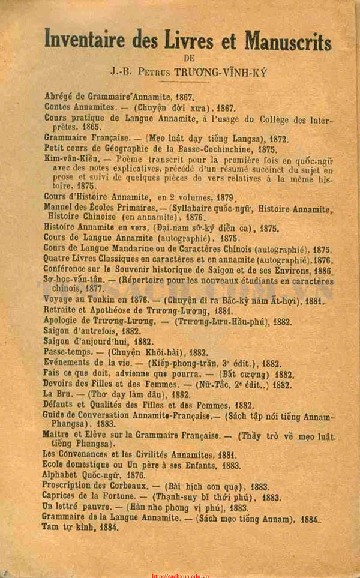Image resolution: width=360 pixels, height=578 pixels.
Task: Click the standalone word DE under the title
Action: [188, 58]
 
